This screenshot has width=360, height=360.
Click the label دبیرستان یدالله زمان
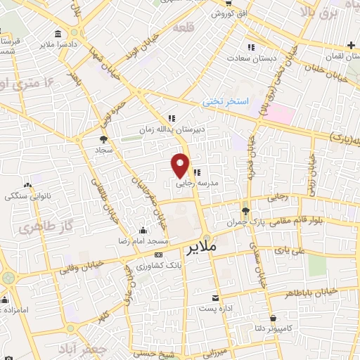coord(200,129)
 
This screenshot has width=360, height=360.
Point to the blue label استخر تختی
coord(226,102)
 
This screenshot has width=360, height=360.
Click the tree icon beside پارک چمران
coord(245,211)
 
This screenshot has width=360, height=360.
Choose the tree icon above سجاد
coord(104,139)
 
